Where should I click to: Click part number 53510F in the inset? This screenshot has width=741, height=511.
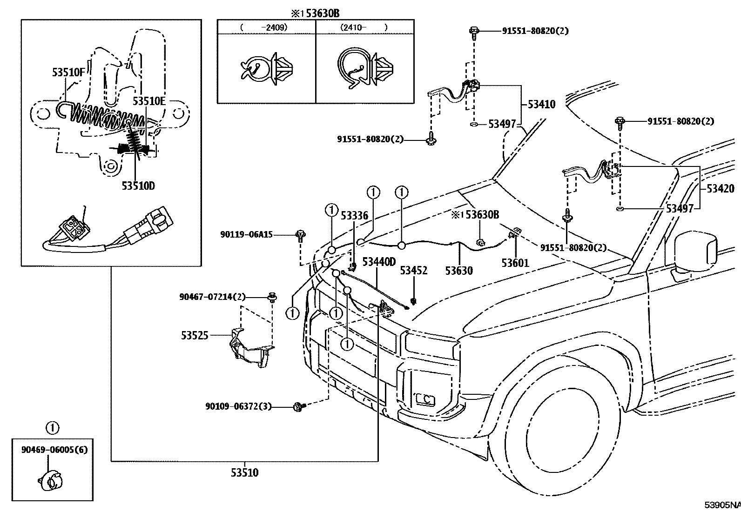[x=69, y=72]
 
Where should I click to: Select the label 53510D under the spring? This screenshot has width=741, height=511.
[x=138, y=186]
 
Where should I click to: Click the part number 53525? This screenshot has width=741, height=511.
[x=195, y=335]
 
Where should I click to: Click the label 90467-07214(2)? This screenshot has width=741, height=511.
[x=212, y=297]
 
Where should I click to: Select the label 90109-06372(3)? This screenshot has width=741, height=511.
[x=238, y=406]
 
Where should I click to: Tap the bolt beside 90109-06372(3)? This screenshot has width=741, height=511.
[x=298, y=407]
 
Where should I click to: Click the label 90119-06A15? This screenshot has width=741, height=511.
[x=247, y=235]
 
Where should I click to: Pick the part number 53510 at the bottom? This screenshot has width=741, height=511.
[x=244, y=473]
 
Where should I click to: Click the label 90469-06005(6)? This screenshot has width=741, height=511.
[x=54, y=450]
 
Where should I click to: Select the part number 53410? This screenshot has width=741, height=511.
[x=541, y=105]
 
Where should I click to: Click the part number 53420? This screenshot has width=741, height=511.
[x=720, y=188]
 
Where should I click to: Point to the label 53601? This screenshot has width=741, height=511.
[x=515, y=263]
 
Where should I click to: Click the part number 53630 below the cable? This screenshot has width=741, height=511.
[x=459, y=271]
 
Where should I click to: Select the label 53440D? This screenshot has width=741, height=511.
[x=379, y=262]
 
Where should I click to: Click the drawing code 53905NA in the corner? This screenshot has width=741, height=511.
[x=722, y=505]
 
